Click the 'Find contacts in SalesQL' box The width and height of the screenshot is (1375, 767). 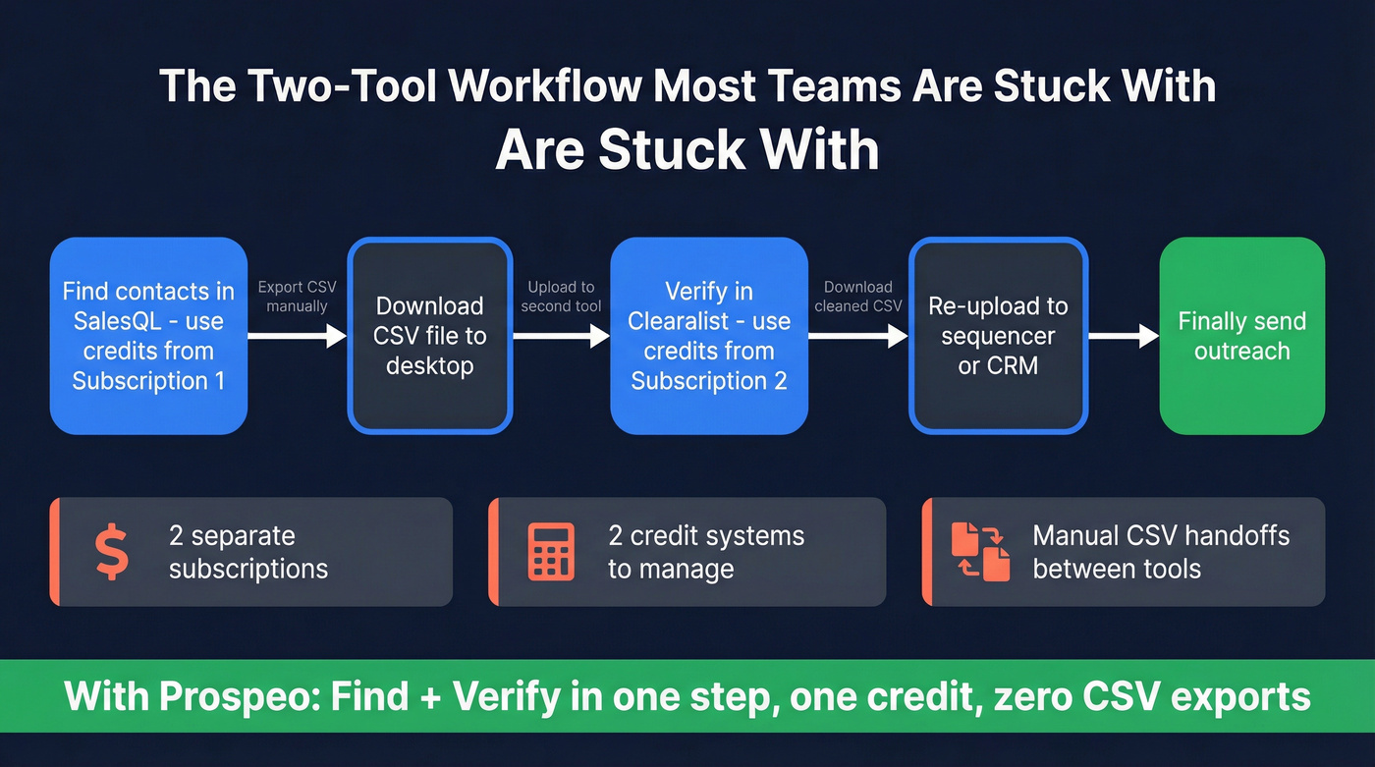coord(148,336)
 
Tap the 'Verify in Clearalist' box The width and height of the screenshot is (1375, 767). coord(709,336)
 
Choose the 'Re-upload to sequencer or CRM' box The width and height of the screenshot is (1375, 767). coord(998,336)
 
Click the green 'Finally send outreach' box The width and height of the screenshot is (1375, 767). coord(1241,336)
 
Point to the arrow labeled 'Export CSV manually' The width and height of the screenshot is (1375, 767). coord(298,336)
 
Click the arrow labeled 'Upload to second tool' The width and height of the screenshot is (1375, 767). coord(561,336)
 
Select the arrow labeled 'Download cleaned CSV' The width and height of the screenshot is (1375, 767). coord(857,336)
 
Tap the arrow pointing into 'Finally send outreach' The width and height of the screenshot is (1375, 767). coord(1124,336)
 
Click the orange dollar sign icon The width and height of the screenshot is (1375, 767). coord(111,552)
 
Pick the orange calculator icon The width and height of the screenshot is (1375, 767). coord(551,552)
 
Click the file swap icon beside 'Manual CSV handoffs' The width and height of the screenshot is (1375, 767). coord(981,552)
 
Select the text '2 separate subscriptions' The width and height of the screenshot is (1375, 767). coord(247,552)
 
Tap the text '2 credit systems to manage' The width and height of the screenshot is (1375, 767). coord(705,552)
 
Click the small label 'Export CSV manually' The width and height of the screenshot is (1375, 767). coord(297,297)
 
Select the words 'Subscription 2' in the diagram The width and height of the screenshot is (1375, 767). coord(709,381)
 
